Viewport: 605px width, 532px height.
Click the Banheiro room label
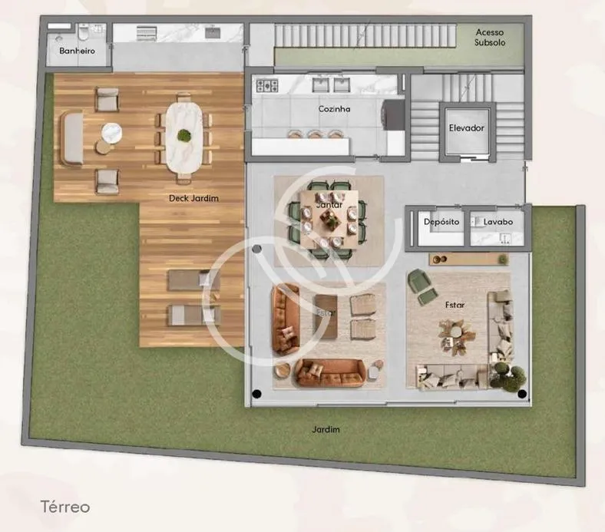[77, 51]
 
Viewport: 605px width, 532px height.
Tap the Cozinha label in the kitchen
[334, 109]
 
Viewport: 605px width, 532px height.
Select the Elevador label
[466, 128]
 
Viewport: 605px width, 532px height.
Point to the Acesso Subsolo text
[489, 37]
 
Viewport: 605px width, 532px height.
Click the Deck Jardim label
[193, 198]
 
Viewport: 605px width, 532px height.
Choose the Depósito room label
[441, 222]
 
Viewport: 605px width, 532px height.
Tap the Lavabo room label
[498, 222]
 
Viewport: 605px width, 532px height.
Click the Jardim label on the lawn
[326, 430]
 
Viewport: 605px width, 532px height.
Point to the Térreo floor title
[65, 507]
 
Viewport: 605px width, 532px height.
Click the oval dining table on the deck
[184, 137]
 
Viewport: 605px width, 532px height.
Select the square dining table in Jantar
[329, 220]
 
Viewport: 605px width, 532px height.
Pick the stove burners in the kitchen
[266, 85]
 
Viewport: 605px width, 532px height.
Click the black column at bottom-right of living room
[522, 395]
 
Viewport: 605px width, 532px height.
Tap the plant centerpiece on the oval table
[184, 137]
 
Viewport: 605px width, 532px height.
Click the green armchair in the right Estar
[420, 284]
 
